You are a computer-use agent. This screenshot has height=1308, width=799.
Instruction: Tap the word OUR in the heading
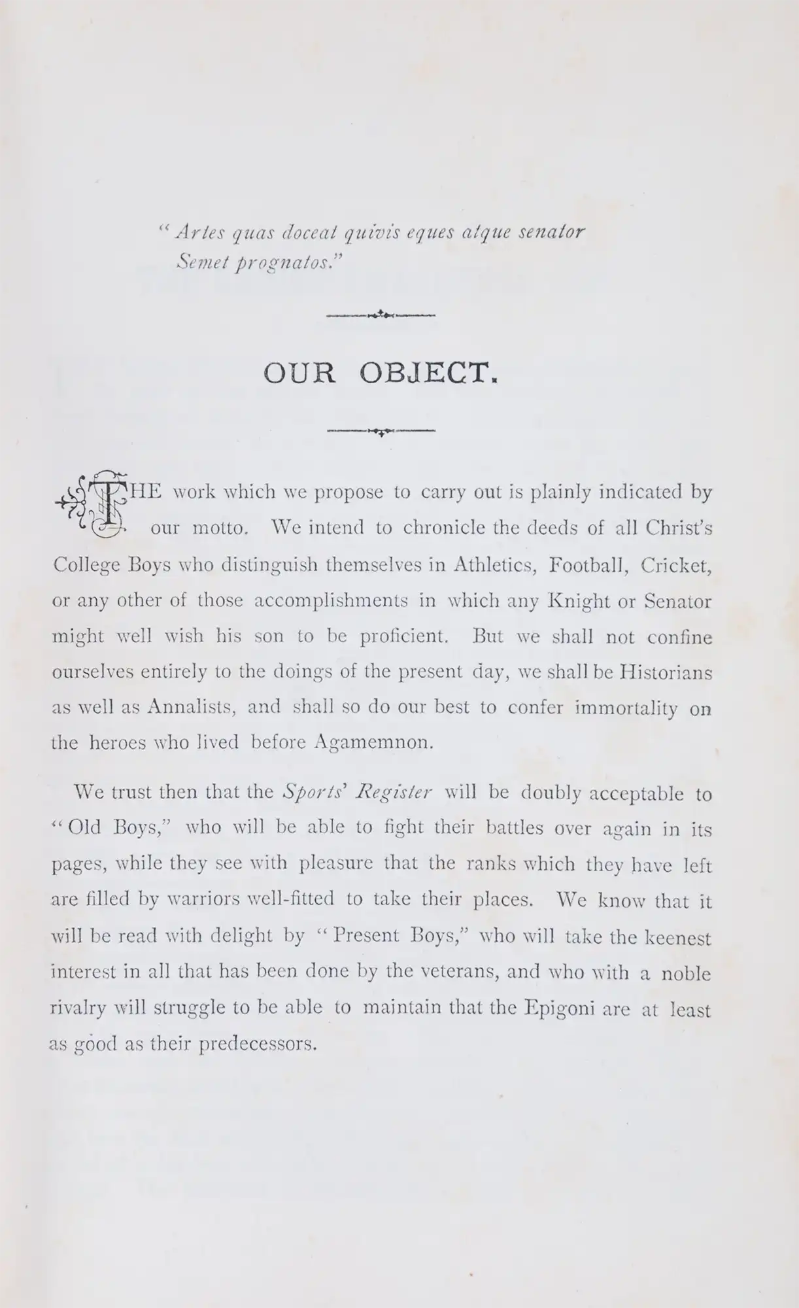[x=299, y=373]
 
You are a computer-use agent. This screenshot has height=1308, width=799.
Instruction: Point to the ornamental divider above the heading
[x=381, y=315]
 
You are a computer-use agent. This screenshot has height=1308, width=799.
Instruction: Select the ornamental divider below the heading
[x=381, y=430]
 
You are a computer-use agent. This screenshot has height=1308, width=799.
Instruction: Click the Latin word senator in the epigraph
[x=551, y=233]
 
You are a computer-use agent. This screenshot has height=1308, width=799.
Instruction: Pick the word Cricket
[x=676, y=565]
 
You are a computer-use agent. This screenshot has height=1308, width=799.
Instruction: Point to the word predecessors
[x=258, y=1044]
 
